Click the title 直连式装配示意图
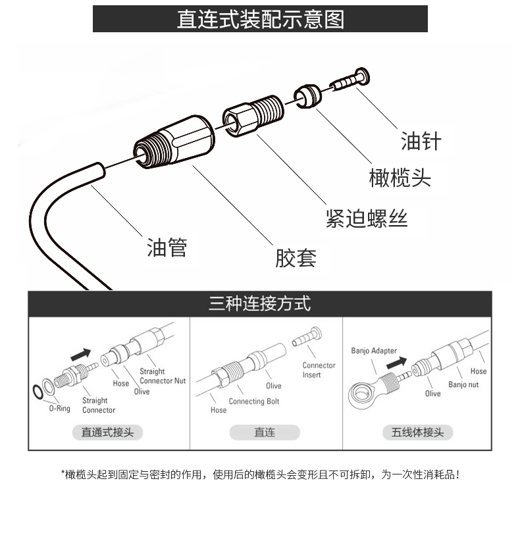(261, 19)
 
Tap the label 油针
(421, 141)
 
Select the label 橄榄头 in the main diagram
(400, 178)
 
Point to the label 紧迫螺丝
(367, 218)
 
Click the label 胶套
(296, 258)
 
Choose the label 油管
(167, 247)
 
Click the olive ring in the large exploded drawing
(307, 97)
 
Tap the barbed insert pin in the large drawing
(350, 79)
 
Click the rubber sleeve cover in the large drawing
(174, 142)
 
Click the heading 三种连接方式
(259, 303)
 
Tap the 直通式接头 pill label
(107, 432)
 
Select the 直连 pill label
(265, 432)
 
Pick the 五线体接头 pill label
(417, 432)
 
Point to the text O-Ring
(60, 409)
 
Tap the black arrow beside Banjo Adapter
(396, 363)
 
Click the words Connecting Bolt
(254, 401)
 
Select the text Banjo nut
(463, 385)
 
